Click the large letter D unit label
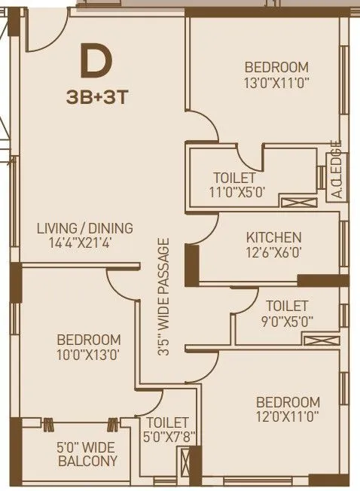(x=95, y=63)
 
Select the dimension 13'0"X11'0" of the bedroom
(x=277, y=81)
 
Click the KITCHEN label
(x=273, y=238)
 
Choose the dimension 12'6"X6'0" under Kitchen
(x=273, y=253)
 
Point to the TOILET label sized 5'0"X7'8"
(x=167, y=430)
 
